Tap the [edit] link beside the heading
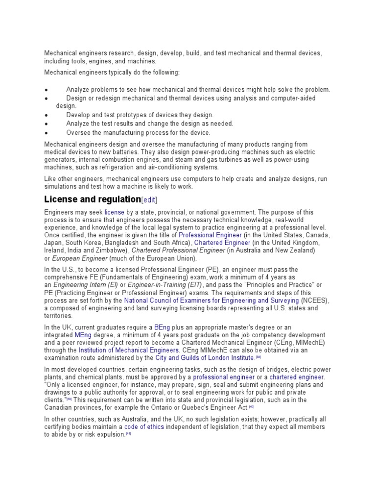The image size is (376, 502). [149, 200]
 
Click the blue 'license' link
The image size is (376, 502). [114, 212]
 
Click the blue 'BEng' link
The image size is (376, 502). [161, 327]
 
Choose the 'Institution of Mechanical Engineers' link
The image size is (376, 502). [129, 351]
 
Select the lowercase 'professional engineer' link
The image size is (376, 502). [224, 377]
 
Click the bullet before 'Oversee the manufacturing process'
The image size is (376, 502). [46, 133]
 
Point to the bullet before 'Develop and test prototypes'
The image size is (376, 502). [46, 115]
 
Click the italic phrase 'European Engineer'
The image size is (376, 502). [79, 258]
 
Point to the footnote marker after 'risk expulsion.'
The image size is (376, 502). [129, 434]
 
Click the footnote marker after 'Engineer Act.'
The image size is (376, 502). [252, 406]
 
